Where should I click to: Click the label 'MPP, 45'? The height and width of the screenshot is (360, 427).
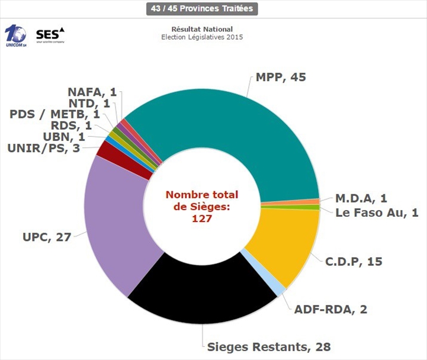pos(281,78)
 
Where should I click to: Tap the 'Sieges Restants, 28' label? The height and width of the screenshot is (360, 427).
pos(268,346)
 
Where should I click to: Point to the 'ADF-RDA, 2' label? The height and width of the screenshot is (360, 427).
pos(327,308)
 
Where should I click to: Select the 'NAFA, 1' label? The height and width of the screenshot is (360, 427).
pos(92,92)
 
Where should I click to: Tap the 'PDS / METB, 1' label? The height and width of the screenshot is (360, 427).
pos(55,114)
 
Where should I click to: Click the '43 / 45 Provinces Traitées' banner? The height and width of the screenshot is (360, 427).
pos(202,9)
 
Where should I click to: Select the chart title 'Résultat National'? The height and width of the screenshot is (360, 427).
pos(202,29)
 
